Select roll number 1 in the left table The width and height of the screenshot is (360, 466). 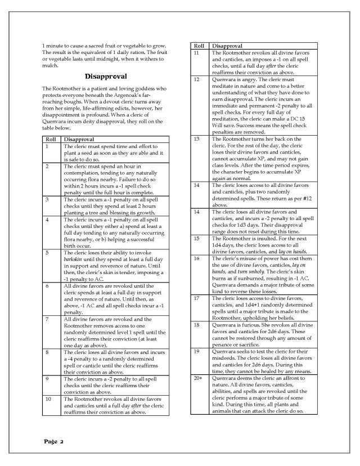[47, 146]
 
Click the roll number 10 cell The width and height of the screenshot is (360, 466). [48, 398]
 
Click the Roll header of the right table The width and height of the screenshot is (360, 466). [199, 45]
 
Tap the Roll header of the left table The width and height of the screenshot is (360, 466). [49, 138]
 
